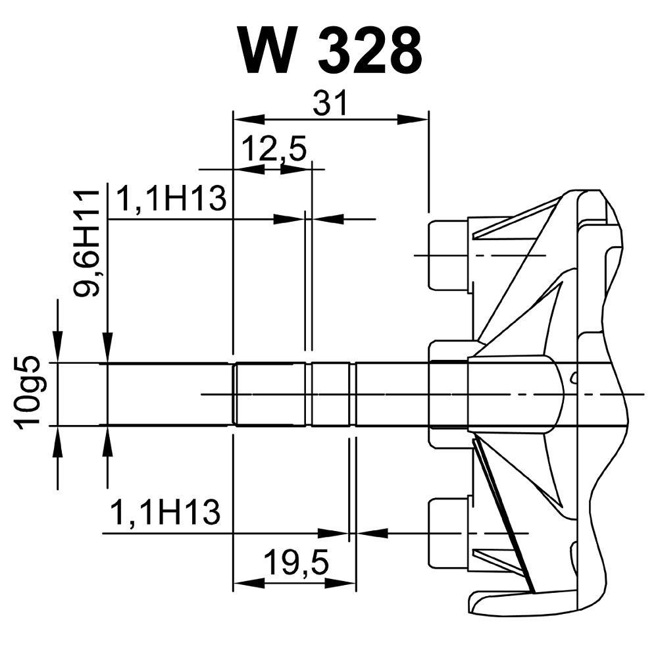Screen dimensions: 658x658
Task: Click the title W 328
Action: point(330,51)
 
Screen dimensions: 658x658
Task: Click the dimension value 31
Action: point(330,103)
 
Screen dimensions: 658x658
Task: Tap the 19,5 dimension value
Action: point(296,563)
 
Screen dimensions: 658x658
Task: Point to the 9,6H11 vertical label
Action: point(86,243)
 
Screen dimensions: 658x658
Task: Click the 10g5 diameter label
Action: point(30,393)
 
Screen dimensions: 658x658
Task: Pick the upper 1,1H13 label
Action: point(170,199)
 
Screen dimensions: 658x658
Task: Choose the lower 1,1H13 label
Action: point(164,513)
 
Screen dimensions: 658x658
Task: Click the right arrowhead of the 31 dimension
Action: point(413,119)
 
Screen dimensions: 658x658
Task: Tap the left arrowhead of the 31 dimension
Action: point(249,119)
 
